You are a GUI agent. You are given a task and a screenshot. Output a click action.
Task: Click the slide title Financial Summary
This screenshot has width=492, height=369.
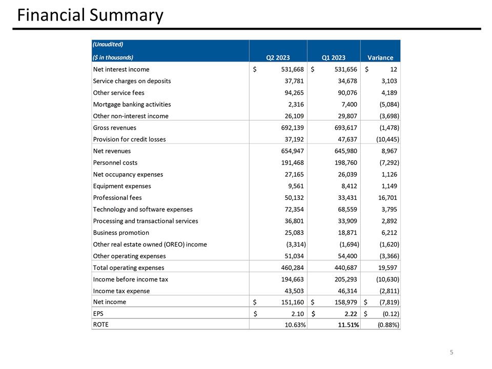click(x=90, y=15)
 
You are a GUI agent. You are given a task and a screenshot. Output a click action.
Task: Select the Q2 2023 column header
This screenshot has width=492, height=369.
click(x=278, y=57)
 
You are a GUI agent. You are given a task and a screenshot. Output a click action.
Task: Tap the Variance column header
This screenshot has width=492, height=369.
click(x=380, y=57)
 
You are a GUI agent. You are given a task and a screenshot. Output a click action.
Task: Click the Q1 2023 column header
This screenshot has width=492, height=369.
click(x=334, y=57)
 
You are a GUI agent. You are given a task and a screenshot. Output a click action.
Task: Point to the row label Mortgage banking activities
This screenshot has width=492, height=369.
click(x=132, y=104)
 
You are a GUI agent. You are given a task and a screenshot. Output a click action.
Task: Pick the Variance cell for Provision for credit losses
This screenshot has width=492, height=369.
click(x=387, y=139)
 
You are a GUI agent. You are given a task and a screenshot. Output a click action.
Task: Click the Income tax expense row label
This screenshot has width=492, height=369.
click(x=121, y=291)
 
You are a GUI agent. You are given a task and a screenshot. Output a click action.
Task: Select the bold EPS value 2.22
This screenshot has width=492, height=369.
click(x=349, y=314)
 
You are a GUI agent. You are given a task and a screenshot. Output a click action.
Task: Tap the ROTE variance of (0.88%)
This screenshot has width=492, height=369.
click(x=387, y=325)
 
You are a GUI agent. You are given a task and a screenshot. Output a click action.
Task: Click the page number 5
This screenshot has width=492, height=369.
click(x=452, y=352)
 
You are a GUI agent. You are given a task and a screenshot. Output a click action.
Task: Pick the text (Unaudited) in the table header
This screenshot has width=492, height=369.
click(x=108, y=44)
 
